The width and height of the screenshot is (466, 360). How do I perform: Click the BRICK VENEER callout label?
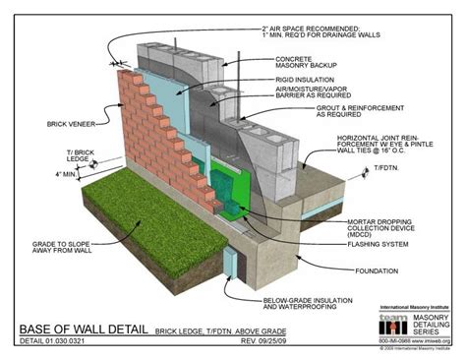coord(40,124)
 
